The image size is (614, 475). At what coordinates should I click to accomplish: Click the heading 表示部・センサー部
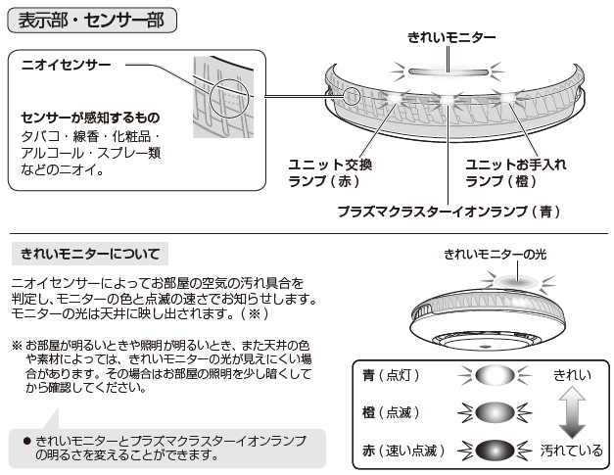pyautogui.click(x=92, y=21)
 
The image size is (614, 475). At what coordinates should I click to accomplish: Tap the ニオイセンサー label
pyautogui.click(x=67, y=65)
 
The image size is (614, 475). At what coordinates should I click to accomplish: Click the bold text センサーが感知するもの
pyautogui.click(x=90, y=118)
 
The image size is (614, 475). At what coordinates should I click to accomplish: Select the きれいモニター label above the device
pyautogui.click(x=451, y=37)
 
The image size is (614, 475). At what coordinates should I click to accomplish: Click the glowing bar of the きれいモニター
pyautogui.click(x=449, y=72)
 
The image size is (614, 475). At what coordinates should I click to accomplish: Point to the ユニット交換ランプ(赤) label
pyautogui.click(x=330, y=172)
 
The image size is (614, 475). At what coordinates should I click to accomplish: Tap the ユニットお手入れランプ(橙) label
pyautogui.click(x=516, y=172)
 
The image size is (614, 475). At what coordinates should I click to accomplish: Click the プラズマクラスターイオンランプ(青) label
pyautogui.click(x=449, y=212)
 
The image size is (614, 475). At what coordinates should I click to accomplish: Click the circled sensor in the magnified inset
pyautogui.click(x=229, y=98)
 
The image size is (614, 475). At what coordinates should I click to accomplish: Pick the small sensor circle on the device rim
pyautogui.click(x=352, y=95)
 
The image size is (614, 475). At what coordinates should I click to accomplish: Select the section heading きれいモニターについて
pyautogui.click(x=90, y=254)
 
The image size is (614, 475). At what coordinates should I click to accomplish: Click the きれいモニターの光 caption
pyautogui.click(x=495, y=255)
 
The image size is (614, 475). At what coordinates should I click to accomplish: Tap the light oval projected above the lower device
pyautogui.click(x=517, y=281)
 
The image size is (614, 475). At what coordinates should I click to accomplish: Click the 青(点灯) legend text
pyautogui.click(x=391, y=375)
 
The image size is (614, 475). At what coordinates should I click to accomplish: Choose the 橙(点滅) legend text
pyautogui.click(x=391, y=412)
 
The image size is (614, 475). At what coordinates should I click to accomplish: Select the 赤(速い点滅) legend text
pyautogui.click(x=403, y=451)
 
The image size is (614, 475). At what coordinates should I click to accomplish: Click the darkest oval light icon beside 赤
pyautogui.click(x=495, y=451)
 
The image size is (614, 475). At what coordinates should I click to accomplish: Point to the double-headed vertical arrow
pyautogui.click(x=572, y=412)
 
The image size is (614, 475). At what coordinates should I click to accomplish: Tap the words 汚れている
pyautogui.click(x=572, y=451)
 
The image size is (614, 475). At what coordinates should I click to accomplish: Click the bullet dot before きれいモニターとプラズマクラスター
pyautogui.click(x=27, y=442)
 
